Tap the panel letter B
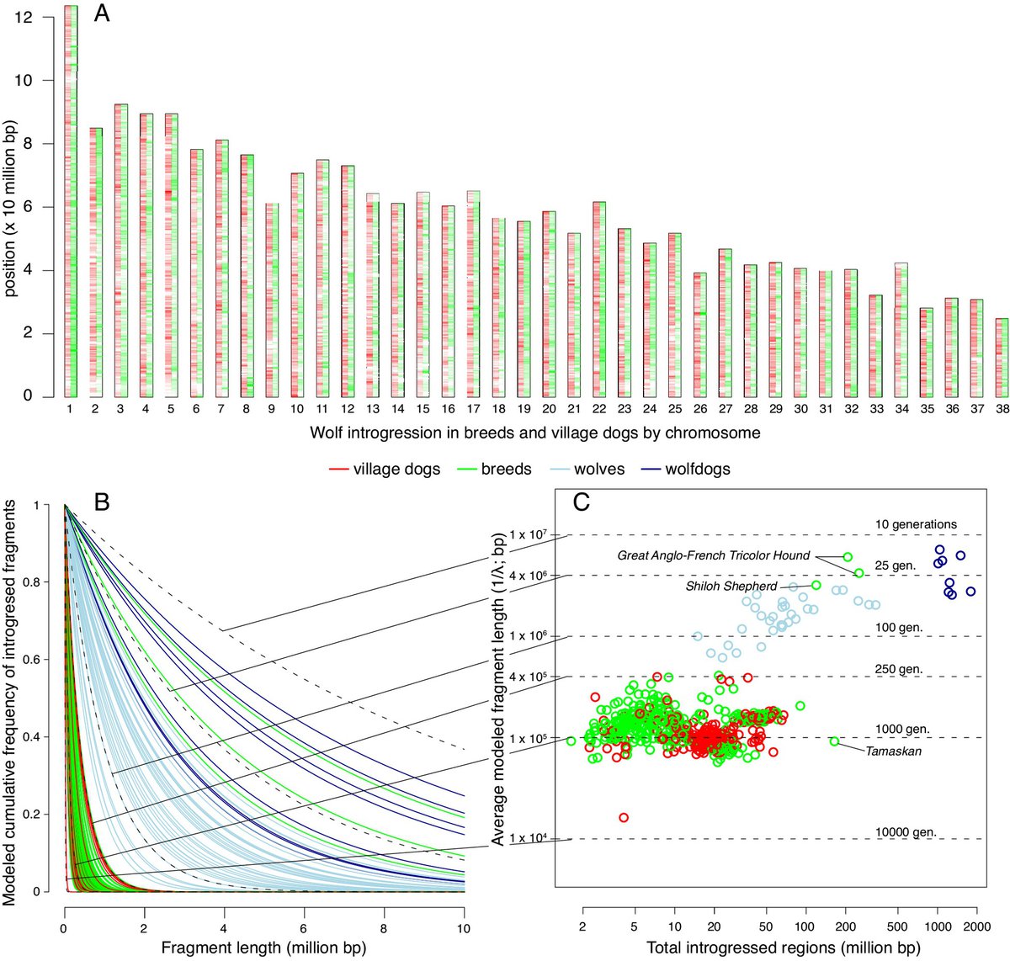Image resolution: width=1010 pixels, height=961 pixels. coord(102,502)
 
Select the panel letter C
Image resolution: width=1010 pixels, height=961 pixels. coord(582,502)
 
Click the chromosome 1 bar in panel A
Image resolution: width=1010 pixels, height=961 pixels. coord(71,202)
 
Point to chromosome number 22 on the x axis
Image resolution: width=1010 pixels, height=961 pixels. coord(598,408)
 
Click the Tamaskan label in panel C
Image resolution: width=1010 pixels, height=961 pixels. coord(893,751)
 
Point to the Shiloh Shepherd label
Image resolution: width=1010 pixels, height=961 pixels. coord(731,586)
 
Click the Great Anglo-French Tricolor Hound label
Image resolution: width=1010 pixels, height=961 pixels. coord(713,555)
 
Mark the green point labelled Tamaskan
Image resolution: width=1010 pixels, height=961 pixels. coord(834,741)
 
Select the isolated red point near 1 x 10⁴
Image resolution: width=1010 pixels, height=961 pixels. coord(624,817)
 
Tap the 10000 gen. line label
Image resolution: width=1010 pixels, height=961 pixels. coord(905,832)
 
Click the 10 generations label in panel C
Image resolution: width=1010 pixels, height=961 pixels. coord(916,524)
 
